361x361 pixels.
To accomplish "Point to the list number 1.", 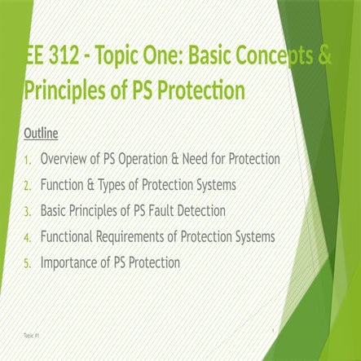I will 28,158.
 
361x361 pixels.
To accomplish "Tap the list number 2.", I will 28,185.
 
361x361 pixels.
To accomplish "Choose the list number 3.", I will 28,211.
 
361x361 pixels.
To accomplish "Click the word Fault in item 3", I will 165,210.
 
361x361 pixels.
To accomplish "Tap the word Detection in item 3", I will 205,210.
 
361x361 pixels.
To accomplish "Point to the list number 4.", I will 28,237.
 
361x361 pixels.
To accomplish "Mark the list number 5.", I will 28,263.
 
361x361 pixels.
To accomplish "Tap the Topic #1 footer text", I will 29,335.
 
